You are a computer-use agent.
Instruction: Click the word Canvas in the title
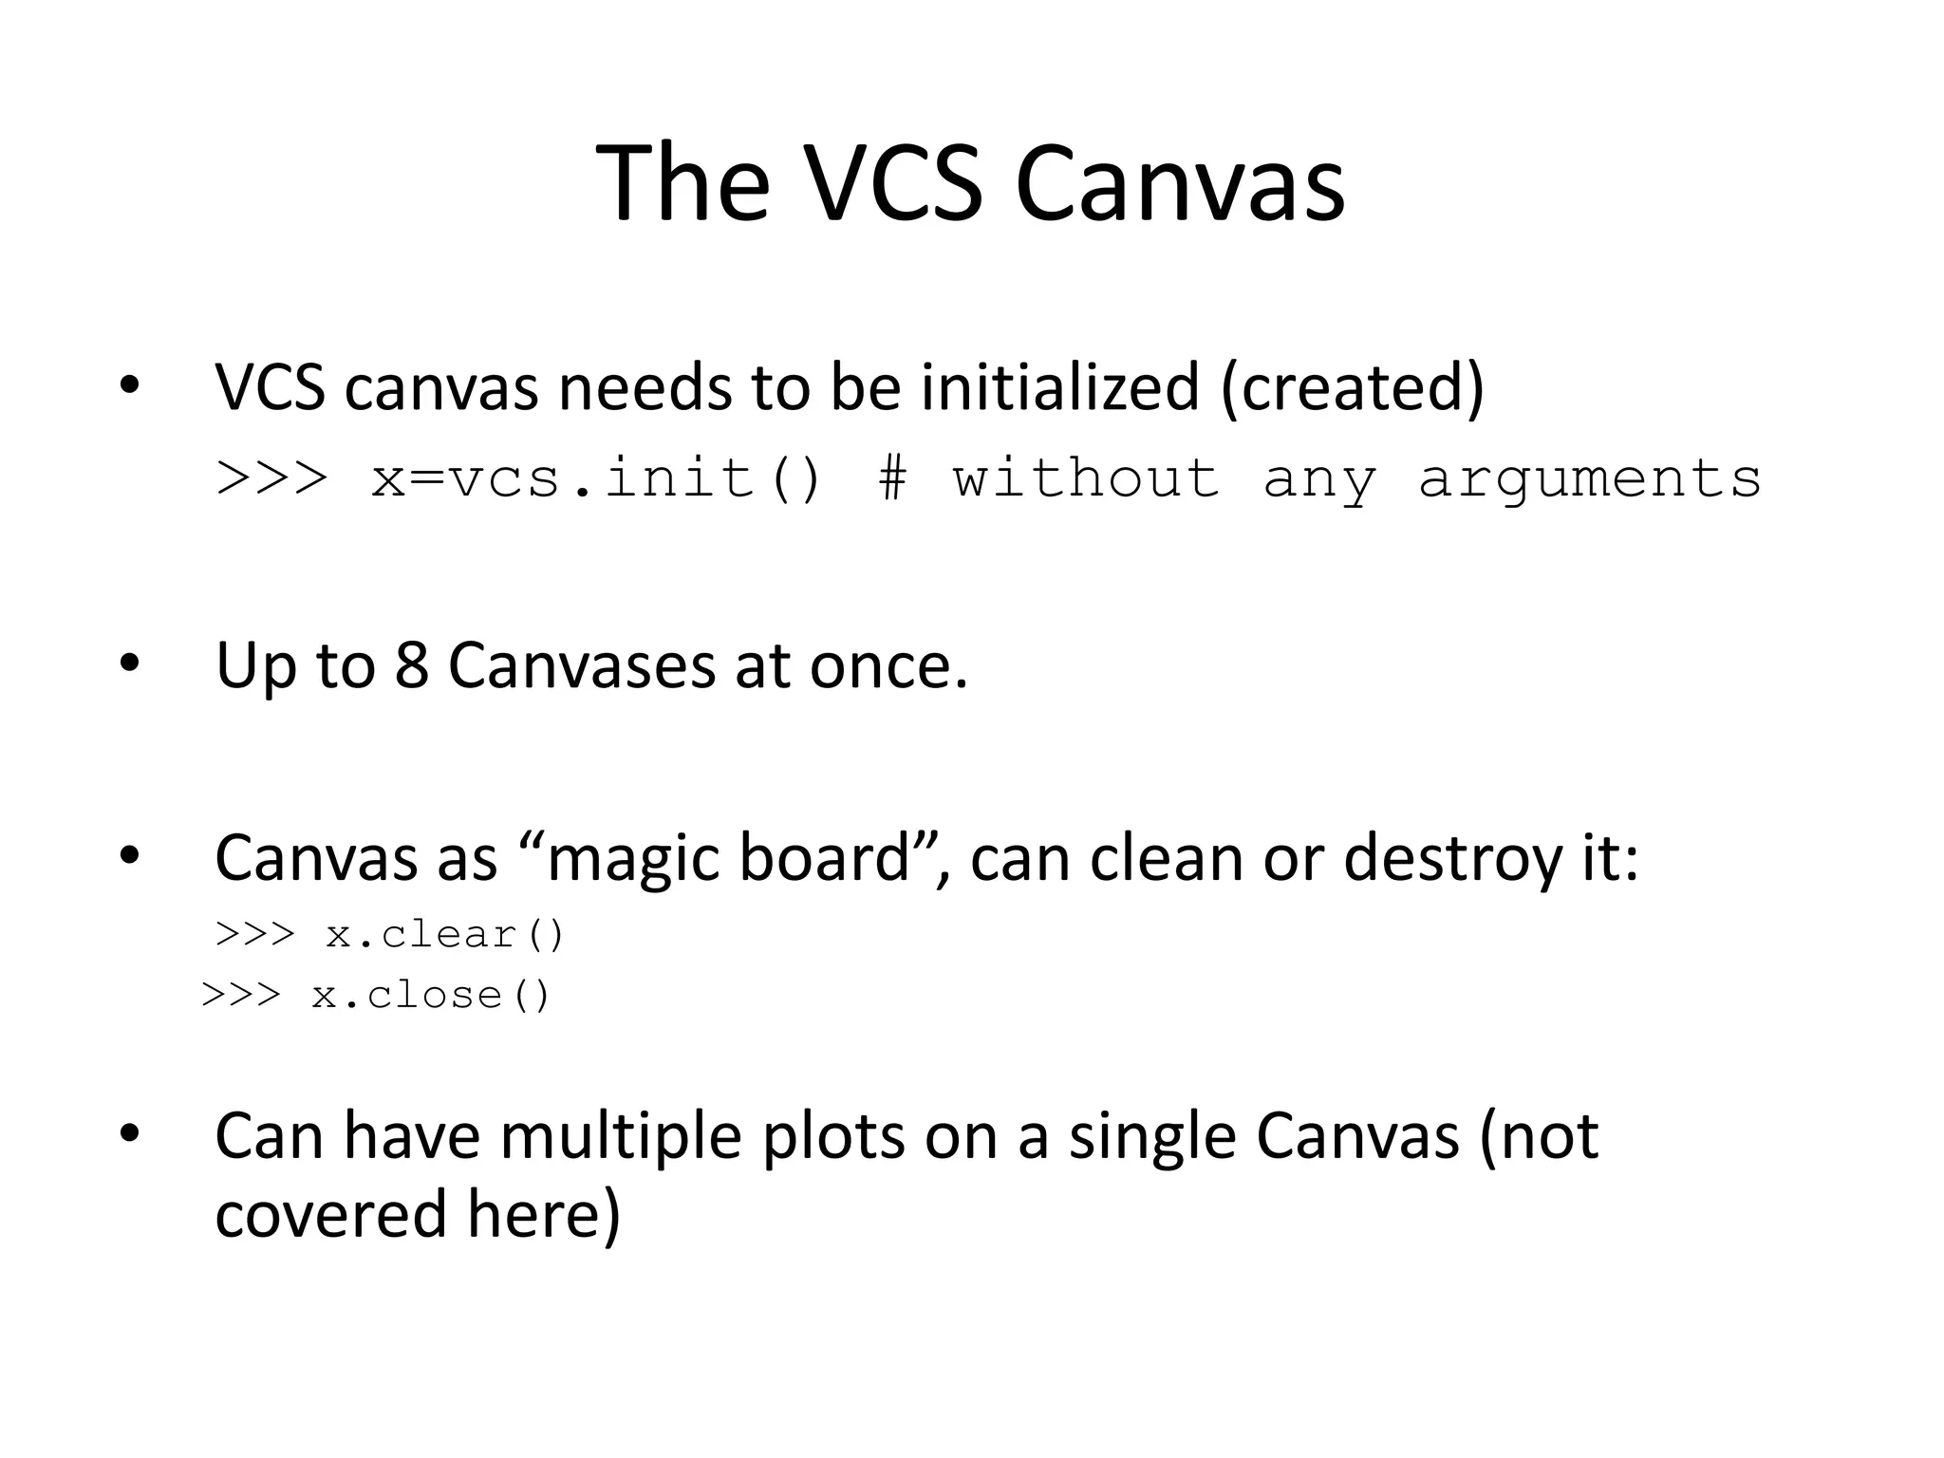coord(1179,182)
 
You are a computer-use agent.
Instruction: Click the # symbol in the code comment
coord(891,477)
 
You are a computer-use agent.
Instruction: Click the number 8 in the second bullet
coord(411,664)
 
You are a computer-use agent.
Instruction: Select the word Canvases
coord(581,664)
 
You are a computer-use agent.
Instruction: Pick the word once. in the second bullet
coord(888,666)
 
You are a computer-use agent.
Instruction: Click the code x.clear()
coord(445,935)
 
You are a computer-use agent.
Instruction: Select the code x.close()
coord(431,996)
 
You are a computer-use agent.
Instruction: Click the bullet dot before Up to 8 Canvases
coord(129,664)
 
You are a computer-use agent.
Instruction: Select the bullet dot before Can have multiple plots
coord(129,1133)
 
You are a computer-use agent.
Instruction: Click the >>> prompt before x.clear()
coord(255,935)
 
